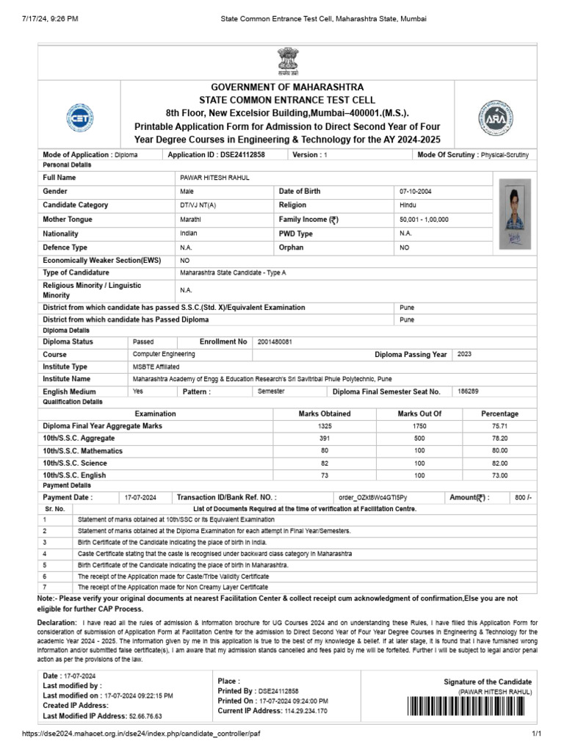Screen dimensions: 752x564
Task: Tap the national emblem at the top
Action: point(283,61)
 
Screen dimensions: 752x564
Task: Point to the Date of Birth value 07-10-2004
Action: point(416,191)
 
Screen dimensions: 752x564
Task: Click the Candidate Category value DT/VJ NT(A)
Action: point(198,206)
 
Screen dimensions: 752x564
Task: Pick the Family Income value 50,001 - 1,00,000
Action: point(424,220)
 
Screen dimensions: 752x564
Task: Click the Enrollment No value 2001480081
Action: point(275,341)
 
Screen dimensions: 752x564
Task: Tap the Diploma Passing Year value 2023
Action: point(465,354)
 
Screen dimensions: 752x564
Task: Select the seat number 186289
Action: point(468,391)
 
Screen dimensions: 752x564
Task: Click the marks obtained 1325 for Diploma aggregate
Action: point(325,426)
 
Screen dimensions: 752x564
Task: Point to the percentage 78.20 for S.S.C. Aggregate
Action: point(499,438)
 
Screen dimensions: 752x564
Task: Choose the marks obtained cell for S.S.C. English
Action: point(325,476)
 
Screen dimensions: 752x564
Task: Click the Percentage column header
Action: point(499,413)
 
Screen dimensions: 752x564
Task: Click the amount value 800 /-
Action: point(521,498)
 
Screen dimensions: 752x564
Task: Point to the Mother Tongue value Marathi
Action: point(190,220)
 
